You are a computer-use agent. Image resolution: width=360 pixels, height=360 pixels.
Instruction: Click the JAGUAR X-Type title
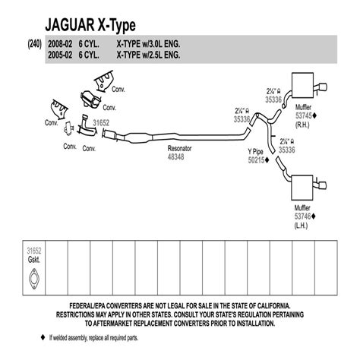tap(90, 25)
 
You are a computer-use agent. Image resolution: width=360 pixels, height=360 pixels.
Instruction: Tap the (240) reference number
tap(34, 44)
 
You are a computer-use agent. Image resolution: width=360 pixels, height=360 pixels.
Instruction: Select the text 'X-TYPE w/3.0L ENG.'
tap(148, 44)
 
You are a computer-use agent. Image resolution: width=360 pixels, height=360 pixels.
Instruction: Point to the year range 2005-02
tap(60, 55)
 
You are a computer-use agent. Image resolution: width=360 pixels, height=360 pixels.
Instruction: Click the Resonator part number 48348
tap(175, 157)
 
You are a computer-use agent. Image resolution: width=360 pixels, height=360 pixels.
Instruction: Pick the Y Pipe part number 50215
tap(256, 160)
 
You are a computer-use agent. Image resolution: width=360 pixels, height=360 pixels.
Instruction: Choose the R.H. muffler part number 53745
tap(304, 115)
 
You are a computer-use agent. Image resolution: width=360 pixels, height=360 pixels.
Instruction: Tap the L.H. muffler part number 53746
tap(302, 216)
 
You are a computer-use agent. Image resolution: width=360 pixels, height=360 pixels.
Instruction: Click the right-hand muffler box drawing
tap(302, 85)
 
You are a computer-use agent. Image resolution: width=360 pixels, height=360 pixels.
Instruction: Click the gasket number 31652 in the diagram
tap(101, 123)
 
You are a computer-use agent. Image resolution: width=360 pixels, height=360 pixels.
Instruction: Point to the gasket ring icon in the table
tap(33, 279)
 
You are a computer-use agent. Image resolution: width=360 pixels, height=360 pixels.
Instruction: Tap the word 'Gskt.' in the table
tap(33, 260)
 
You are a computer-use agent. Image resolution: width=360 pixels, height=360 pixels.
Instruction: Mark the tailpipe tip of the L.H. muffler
tap(322, 185)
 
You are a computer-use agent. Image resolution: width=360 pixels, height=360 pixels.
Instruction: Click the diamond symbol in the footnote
tap(43, 337)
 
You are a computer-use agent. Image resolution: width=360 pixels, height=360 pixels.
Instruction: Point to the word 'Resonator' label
tap(179, 148)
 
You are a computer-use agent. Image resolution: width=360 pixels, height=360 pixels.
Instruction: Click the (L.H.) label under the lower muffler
tap(301, 226)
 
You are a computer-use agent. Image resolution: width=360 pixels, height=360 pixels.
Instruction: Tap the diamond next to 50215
tap(267, 160)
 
